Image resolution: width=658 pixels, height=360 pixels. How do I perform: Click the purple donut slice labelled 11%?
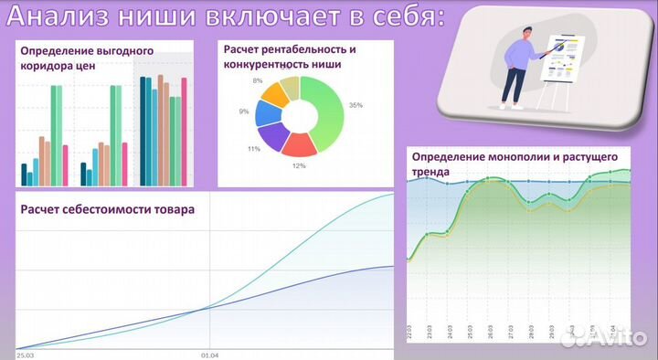click(272, 137)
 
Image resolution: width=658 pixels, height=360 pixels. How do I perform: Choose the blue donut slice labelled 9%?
click(266, 112)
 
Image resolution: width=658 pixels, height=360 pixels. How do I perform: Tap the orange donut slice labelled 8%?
click(273, 92)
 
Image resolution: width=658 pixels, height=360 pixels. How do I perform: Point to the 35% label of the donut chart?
click(356, 105)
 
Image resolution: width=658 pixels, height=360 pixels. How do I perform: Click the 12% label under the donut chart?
click(299, 166)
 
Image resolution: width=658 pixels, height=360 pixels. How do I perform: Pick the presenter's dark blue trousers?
click(514, 88)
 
